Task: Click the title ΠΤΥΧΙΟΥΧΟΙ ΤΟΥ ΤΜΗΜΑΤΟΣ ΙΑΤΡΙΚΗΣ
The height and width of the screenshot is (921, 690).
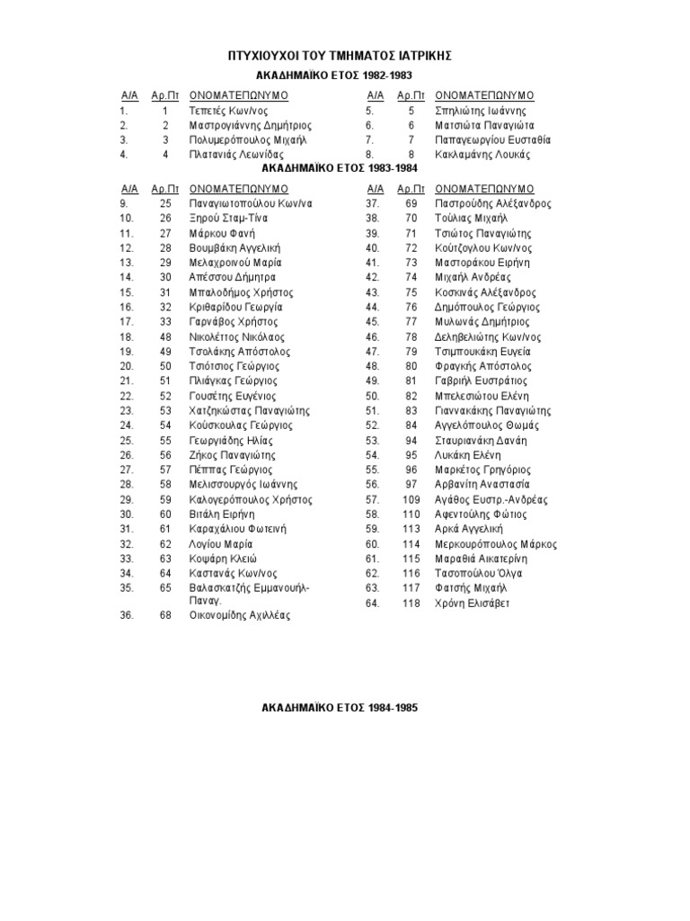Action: (341, 56)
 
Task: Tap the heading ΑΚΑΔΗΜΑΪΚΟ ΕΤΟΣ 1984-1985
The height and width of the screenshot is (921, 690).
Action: (340, 708)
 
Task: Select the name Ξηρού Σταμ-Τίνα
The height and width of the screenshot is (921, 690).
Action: (227, 219)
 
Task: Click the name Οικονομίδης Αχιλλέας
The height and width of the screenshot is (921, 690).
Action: (240, 616)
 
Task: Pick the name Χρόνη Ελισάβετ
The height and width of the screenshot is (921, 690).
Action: (472, 603)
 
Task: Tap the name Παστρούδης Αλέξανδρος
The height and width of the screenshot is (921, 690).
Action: (492, 203)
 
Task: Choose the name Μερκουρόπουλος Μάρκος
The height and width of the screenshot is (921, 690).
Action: (496, 544)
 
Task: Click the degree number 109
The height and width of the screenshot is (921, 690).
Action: (411, 499)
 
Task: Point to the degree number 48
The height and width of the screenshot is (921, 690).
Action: (165, 336)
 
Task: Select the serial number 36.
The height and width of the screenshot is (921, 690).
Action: (126, 616)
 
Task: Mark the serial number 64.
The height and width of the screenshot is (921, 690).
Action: (372, 603)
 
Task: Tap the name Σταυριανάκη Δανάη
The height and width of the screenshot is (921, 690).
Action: (481, 441)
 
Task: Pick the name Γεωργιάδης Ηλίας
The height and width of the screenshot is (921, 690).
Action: (231, 441)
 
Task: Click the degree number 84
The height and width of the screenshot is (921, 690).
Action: (411, 425)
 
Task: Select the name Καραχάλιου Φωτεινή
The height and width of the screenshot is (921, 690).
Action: (237, 529)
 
